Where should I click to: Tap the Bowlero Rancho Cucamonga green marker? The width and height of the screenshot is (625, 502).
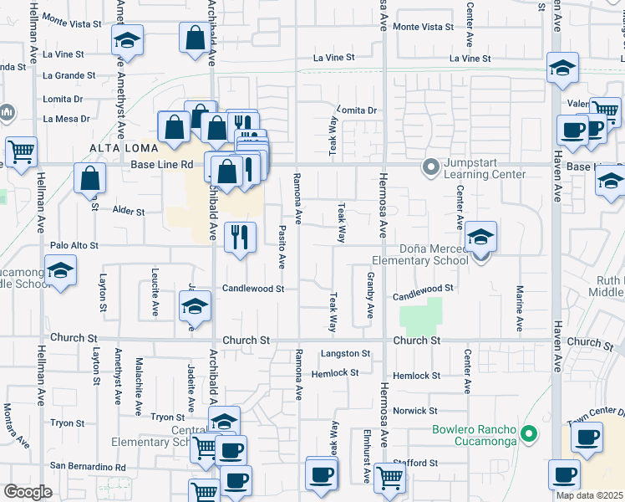click(x=527, y=433)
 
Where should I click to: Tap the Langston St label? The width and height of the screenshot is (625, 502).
click(x=344, y=355)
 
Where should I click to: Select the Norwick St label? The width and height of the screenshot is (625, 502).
click(x=415, y=411)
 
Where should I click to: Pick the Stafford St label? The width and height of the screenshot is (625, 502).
click(x=415, y=463)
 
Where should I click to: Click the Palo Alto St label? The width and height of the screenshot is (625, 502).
click(x=74, y=246)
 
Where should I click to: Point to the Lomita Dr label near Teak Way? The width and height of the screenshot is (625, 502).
click(x=358, y=110)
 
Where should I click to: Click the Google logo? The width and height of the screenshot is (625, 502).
click(x=28, y=492)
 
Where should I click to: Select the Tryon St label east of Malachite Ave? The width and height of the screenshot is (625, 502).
click(x=168, y=417)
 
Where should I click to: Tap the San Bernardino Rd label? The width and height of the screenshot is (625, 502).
click(x=88, y=466)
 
